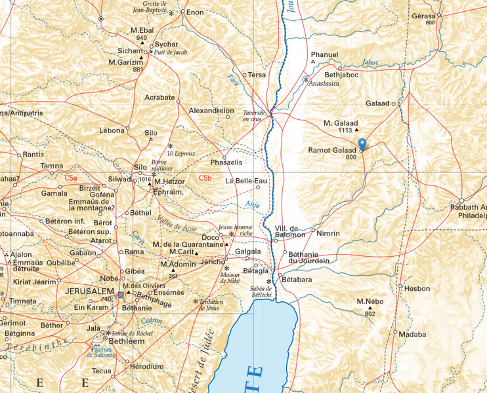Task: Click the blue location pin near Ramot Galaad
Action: coord(362,145)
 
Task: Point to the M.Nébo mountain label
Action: coord(370,301)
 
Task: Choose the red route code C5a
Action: coord(71,178)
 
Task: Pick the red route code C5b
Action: coord(206,178)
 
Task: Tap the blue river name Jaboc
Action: coord(370,63)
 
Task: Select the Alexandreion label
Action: coord(211,111)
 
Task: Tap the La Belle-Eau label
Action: coord(247,180)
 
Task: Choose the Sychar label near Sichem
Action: coord(166,45)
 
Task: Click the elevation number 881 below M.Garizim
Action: coord(138,69)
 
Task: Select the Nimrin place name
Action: coord(328,233)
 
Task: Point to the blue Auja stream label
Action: coord(251,205)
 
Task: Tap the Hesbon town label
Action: coord(417,288)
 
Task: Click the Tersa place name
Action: coord(257,75)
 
